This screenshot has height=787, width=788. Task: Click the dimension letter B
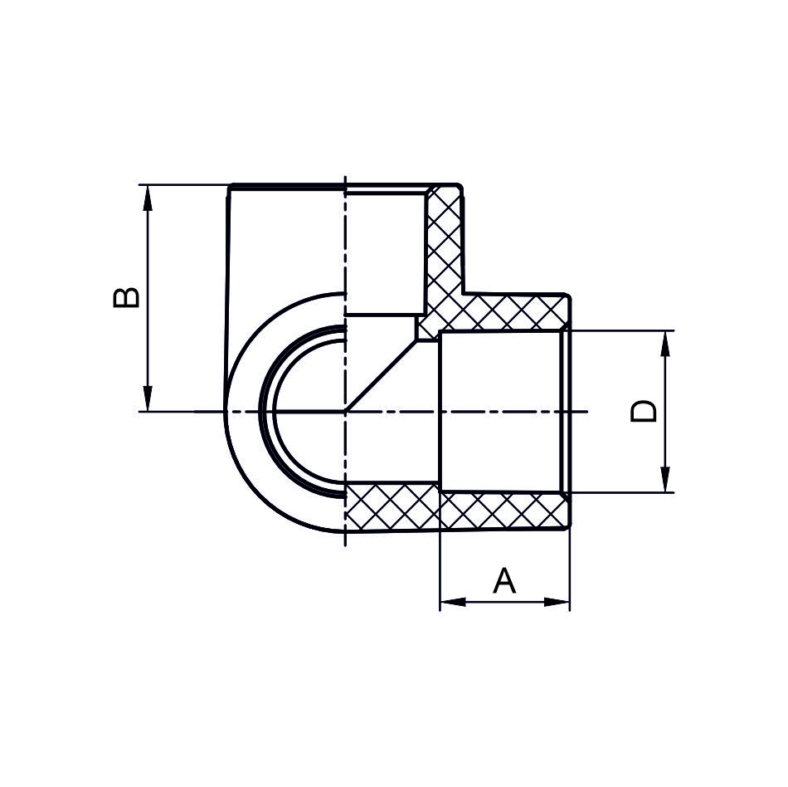point(126,297)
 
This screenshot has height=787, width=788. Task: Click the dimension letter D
point(644,411)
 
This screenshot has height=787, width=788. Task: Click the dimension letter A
point(504,580)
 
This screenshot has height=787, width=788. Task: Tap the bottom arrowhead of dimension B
point(148,398)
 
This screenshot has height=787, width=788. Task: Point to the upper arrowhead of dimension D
point(665,344)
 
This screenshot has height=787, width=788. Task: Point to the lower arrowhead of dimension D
point(665,479)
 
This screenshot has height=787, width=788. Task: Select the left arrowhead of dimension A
point(453,602)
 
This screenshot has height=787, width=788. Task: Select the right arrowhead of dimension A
point(557,602)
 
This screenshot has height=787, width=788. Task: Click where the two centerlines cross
point(345,412)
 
